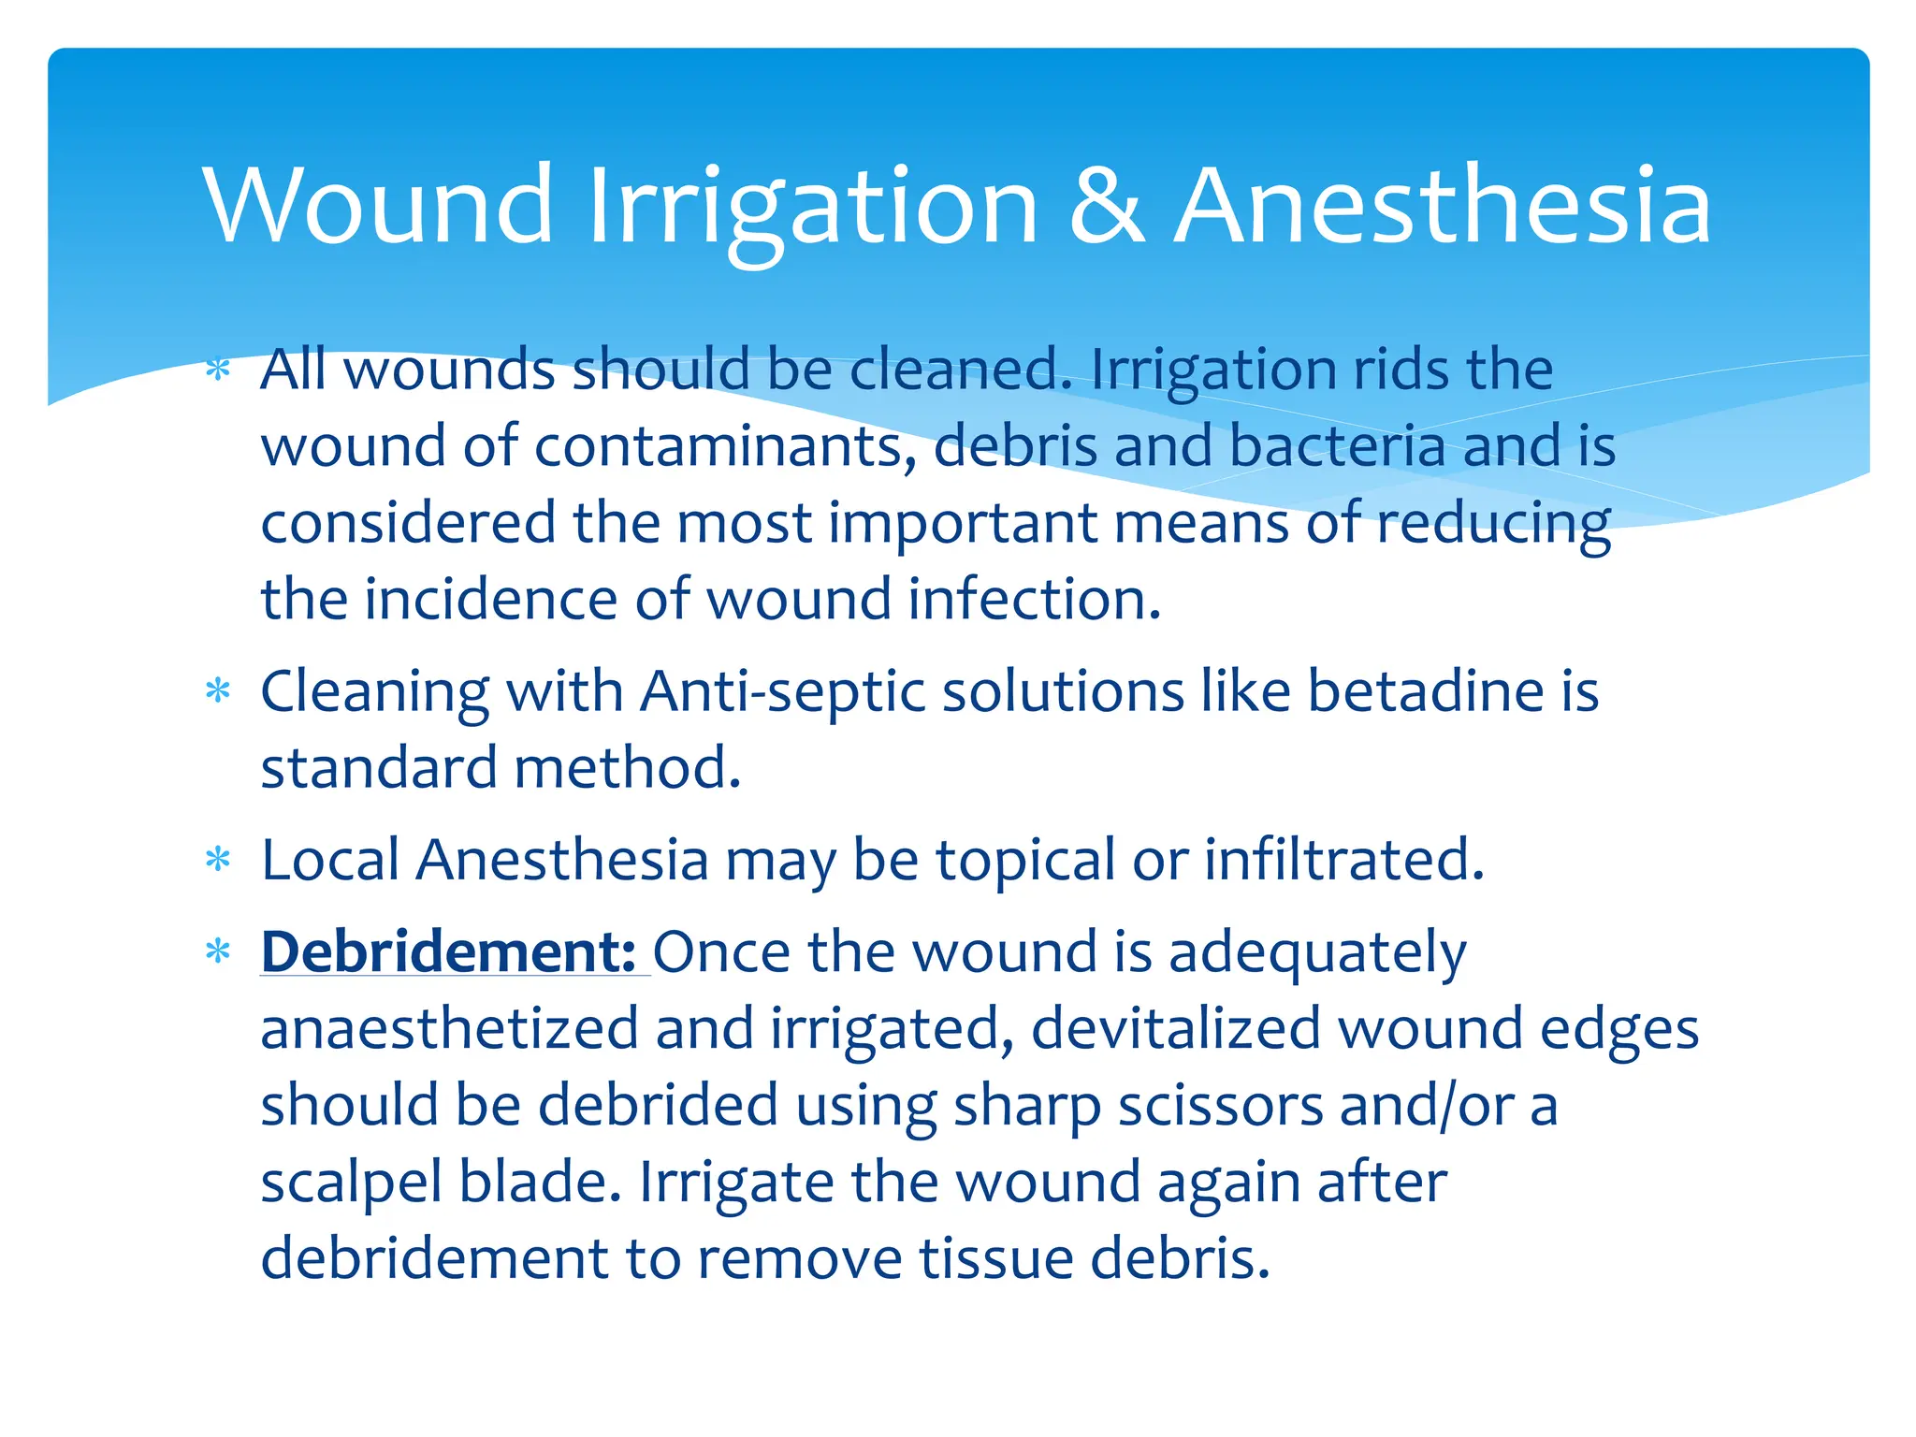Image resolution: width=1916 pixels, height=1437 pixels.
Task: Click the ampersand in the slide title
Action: tap(1106, 206)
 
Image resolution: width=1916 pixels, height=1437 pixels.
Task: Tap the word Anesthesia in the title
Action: tap(1443, 206)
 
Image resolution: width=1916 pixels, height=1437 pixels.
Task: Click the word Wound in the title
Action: tap(378, 206)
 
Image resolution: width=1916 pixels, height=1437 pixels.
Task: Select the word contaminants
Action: tap(724, 446)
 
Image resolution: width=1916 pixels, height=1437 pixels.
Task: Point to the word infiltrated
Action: tap(1343, 862)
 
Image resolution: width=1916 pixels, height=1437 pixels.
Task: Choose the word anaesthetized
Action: tap(449, 1029)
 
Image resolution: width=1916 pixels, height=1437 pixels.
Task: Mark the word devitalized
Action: tap(1175, 1029)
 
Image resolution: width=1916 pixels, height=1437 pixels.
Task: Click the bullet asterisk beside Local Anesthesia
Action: tap(218, 860)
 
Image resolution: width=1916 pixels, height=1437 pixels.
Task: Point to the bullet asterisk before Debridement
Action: tap(218, 952)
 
